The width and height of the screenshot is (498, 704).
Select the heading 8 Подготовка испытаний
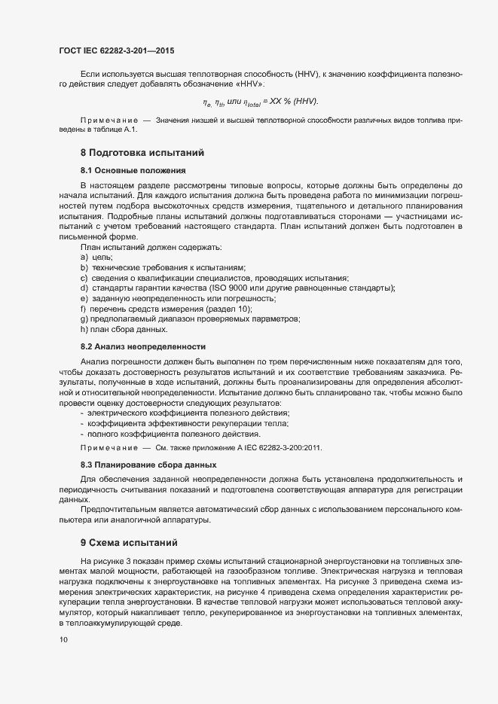(142, 153)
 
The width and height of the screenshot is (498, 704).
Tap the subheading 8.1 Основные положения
(132, 171)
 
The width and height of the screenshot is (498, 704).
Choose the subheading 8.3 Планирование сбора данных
(148, 465)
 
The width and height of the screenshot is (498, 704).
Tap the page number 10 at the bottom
(63, 640)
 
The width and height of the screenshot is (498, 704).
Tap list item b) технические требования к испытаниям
(163, 269)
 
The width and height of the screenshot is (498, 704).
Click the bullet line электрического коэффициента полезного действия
(188, 413)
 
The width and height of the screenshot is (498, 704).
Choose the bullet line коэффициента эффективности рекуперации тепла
(193, 423)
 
